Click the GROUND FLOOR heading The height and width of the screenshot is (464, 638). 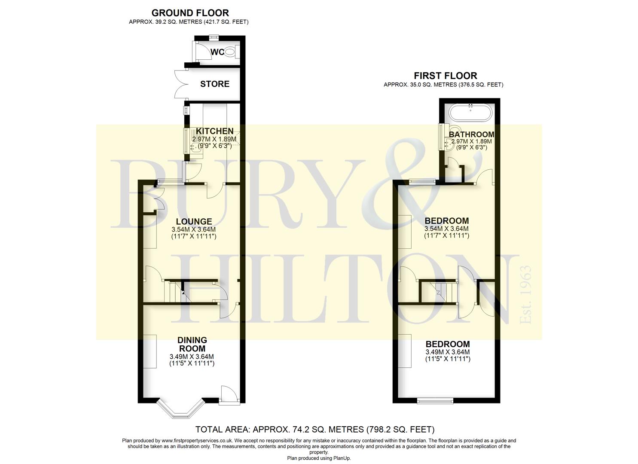[190, 13]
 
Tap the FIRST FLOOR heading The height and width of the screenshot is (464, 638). [445, 76]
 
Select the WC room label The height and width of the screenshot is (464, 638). [217, 52]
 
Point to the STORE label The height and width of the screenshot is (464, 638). [215, 84]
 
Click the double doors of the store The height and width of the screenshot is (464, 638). [182, 84]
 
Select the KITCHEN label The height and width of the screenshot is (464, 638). [215, 131]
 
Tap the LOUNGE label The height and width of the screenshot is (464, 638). [194, 221]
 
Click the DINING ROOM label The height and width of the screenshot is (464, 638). [192, 344]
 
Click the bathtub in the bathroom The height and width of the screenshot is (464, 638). [470, 113]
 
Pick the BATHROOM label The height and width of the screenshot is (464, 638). [471, 134]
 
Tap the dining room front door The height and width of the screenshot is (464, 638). [229, 395]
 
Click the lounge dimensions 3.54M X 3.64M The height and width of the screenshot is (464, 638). [194, 229]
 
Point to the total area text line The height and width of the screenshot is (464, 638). [315, 429]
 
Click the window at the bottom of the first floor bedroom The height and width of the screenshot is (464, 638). [435, 401]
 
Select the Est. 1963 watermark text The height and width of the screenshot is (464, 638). [525, 295]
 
